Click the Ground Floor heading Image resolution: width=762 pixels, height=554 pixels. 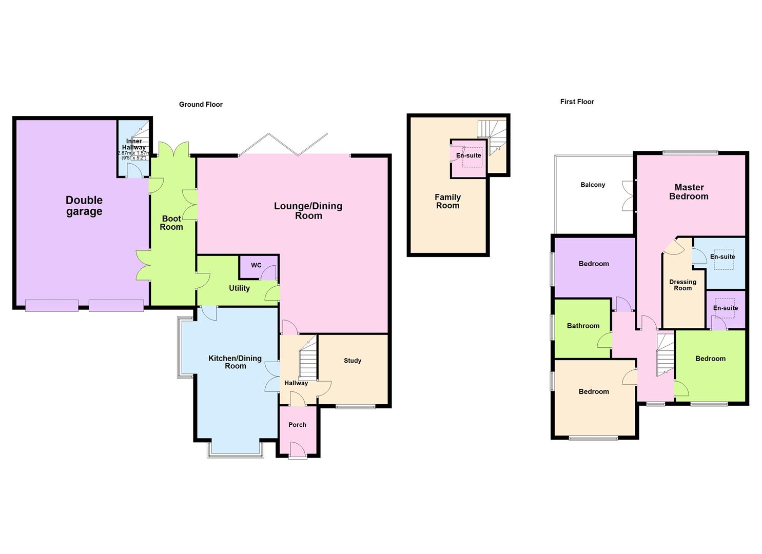coord(201,104)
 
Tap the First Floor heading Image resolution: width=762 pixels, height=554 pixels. coord(577,102)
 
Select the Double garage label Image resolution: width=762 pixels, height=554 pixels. coord(84,206)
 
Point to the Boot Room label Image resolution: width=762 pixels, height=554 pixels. coord(171,223)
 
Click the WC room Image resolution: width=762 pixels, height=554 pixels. coord(256,265)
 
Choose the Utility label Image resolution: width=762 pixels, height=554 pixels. coord(239,288)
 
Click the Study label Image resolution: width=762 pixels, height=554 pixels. coord(353,361)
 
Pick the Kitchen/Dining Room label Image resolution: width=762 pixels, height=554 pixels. coord(235,362)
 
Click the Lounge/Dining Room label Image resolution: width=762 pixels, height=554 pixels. coord(308,211)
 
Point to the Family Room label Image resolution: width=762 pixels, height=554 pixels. coord(447,201)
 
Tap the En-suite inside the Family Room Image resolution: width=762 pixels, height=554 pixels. coord(468,156)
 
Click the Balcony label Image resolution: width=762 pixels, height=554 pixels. coord(593,185)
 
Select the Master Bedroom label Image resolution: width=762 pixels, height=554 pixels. coord(689,192)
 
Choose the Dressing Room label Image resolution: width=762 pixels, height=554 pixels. coord(682,285)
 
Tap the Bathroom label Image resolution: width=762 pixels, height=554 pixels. coord(583,326)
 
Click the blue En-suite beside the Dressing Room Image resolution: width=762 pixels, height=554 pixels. coord(722,256)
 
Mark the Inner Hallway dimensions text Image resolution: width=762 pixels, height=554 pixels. coord(134,155)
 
